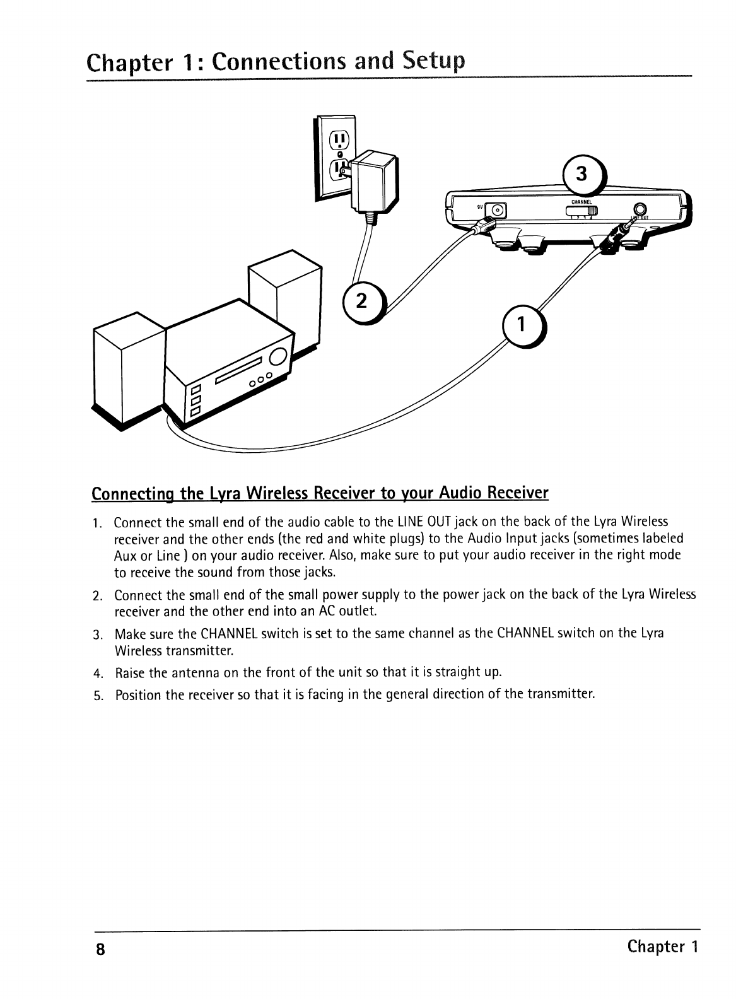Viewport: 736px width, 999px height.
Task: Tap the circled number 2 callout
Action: coord(361,301)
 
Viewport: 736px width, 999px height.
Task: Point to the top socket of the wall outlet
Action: coord(339,138)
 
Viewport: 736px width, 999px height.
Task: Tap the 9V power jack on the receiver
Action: coord(498,211)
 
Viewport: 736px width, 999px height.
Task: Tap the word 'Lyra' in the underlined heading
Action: coord(215,492)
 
